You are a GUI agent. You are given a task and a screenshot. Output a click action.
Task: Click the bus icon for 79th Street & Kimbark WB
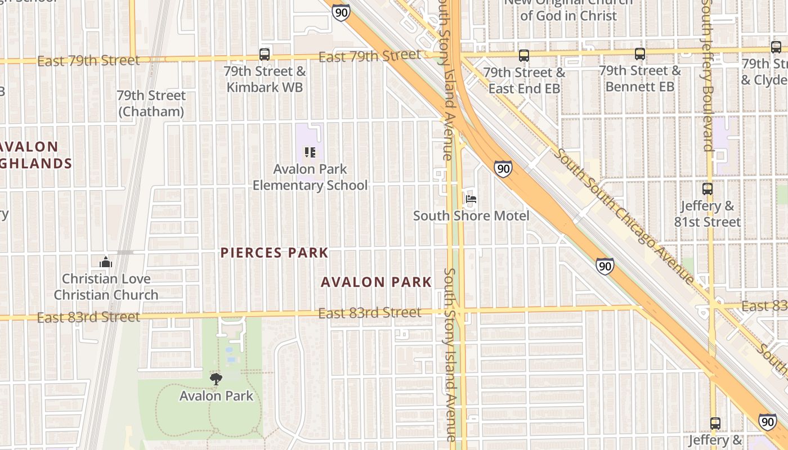coord(265,55)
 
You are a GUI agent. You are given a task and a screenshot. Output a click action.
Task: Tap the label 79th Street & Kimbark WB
coord(265,79)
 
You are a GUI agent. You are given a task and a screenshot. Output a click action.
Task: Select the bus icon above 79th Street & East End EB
coord(524,56)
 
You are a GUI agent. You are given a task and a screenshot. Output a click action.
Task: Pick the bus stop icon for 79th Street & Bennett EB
coord(640,54)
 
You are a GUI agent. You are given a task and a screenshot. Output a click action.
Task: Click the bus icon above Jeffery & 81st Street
coord(708,189)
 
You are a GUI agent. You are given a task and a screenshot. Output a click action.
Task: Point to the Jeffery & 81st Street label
coord(708,214)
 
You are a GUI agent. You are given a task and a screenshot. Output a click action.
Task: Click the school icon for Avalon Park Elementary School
coord(310,152)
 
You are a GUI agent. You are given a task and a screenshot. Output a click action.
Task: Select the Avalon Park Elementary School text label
coord(310,177)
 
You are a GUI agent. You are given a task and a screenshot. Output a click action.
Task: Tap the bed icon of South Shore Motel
coord(471,199)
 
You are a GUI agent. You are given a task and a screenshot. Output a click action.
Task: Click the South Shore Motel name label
coord(471,216)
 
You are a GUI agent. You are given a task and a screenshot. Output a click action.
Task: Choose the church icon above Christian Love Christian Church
coord(105,262)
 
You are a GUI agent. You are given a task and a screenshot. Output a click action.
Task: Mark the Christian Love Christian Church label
coord(106,287)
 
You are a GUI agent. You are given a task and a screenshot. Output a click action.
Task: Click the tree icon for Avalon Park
coord(216,379)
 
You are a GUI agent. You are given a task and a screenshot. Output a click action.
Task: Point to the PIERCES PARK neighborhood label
coord(274,253)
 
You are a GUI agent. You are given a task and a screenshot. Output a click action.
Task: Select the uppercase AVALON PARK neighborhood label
coord(376,282)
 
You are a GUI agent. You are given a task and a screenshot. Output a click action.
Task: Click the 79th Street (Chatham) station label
coord(151,103)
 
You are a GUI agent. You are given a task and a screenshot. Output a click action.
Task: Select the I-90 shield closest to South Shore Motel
coord(504,168)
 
